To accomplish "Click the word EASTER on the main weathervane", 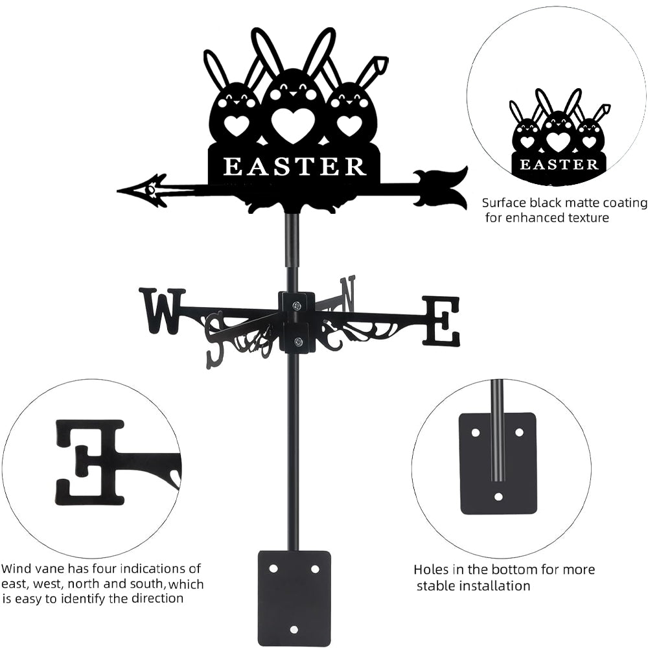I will click(x=295, y=167).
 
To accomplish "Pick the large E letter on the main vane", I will click(x=441, y=321).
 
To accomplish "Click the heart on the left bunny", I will click(x=237, y=125).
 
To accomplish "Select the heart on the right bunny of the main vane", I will click(x=349, y=124).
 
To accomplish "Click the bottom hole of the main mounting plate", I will click(x=294, y=629).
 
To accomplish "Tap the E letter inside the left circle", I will click(x=91, y=461).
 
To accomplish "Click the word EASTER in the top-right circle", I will click(x=559, y=164).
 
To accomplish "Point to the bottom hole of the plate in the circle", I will click(x=498, y=497).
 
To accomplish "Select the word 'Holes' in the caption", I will click(x=432, y=570).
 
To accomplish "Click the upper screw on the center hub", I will click(x=297, y=305).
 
